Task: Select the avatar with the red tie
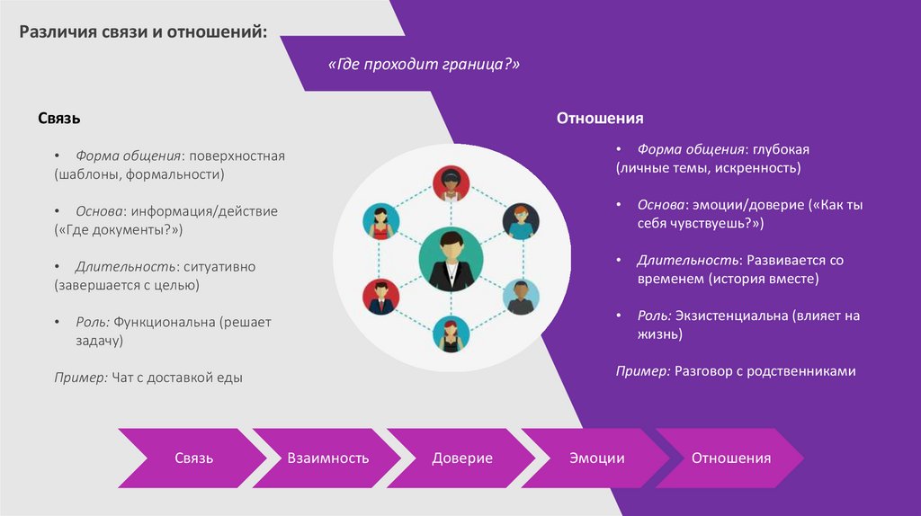380,297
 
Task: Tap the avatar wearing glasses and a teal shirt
521,221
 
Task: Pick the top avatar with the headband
450,183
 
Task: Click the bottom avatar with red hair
451,334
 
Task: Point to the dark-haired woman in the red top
380,221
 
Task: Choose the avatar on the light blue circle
521,297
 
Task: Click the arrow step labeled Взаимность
327,458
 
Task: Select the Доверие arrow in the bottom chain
462,458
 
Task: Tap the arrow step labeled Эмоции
596,458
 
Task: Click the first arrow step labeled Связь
193,458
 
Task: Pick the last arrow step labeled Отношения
730,458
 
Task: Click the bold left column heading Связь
59,119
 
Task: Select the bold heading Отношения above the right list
600,119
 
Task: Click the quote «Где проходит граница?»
425,66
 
